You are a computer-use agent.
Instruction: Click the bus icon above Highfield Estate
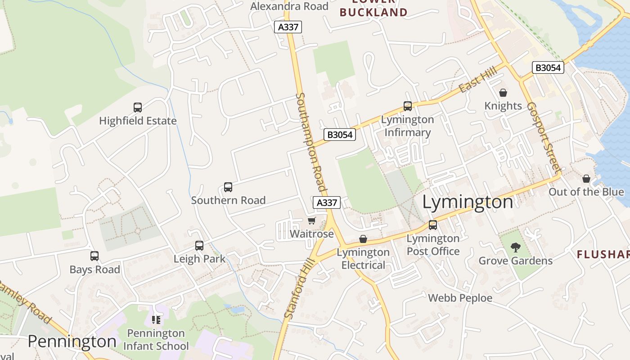click(138, 108)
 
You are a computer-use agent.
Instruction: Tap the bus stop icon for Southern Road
click(228, 187)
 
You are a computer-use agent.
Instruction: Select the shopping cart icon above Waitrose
click(311, 220)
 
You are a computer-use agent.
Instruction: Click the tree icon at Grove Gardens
click(515, 247)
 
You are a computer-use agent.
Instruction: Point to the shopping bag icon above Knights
click(503, 93)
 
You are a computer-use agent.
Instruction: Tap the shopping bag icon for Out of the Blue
click(586, 179)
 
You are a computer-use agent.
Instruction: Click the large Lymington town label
click(468, 202)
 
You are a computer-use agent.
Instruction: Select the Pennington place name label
click(72, 342)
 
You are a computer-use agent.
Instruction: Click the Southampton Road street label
click(310, 142)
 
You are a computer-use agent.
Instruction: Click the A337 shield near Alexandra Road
click(288, 27)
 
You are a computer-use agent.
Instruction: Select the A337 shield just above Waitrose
click(327, 202)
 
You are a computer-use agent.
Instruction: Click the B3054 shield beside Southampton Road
click(340, 135)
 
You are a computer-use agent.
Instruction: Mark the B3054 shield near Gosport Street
click(548, 67)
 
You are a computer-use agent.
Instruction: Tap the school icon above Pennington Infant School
click(156, 320)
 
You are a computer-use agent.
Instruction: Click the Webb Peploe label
click(460, 298)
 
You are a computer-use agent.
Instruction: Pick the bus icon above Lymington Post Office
click(433, 225)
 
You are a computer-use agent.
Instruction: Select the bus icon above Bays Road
click(94, 256)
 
